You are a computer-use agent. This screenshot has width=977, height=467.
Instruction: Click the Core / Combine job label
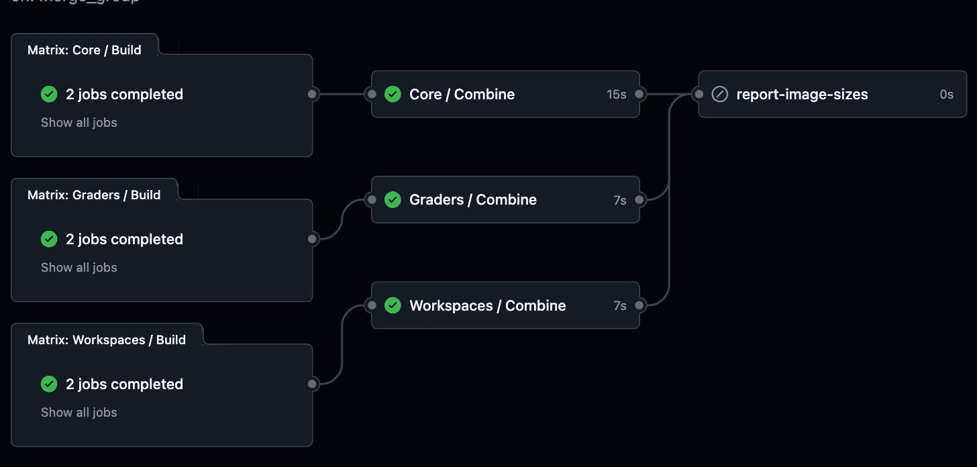pos(462,95)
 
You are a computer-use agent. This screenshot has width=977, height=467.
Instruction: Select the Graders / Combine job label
pos(472,200)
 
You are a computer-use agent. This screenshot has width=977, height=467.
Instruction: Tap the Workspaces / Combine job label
pos(487,306)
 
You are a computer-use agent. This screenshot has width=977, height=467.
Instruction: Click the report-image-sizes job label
pos(802,95)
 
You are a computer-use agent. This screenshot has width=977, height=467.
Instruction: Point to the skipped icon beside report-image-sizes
pos(719,95)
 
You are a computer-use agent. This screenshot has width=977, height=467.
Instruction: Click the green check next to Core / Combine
pos(393,95)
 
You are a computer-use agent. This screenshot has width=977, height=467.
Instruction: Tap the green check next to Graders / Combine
pos(393,200)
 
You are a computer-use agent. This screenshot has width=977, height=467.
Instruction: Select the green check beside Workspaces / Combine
pos(393,306)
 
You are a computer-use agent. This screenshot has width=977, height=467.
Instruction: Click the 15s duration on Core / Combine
pos(616,95)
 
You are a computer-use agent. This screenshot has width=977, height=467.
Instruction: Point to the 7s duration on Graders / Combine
pos(619,200)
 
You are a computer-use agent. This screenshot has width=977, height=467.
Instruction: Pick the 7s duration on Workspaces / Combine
pos(619,306)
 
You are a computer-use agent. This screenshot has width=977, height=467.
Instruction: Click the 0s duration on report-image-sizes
pos(946,95)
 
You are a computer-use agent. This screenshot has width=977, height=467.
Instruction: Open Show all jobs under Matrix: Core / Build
pos(79,123)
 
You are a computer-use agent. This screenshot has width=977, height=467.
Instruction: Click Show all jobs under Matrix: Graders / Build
pos(79,268)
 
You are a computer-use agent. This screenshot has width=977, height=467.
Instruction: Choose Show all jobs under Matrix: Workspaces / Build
pos(79,413)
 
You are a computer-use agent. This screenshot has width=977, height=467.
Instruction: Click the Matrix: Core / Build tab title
pos(85,50)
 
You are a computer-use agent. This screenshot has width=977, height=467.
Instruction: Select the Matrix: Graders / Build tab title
pos(94,195)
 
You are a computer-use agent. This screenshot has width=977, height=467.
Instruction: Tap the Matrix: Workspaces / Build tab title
pos(107,340)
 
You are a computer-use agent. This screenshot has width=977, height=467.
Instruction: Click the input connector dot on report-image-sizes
pos(699,95)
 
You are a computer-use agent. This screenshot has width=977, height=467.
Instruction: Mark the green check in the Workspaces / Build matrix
pos(49,384)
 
